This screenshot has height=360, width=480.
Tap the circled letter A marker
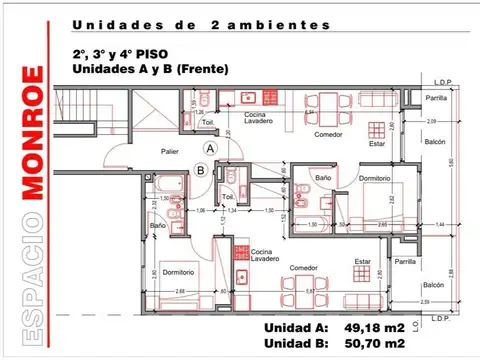click(210, 147)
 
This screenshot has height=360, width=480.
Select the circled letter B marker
click(201, 171)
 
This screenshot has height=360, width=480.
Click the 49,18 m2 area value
click(374, 328)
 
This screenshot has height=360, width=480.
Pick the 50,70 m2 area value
click(374, 344)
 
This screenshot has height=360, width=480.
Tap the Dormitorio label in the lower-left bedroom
click(178, 271)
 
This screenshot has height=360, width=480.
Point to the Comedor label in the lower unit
click(304, 268)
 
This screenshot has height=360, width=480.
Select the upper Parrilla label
click(408, 99)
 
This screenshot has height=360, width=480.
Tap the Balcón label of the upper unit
click(407, 142)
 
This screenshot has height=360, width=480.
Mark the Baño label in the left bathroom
click(158, 227)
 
